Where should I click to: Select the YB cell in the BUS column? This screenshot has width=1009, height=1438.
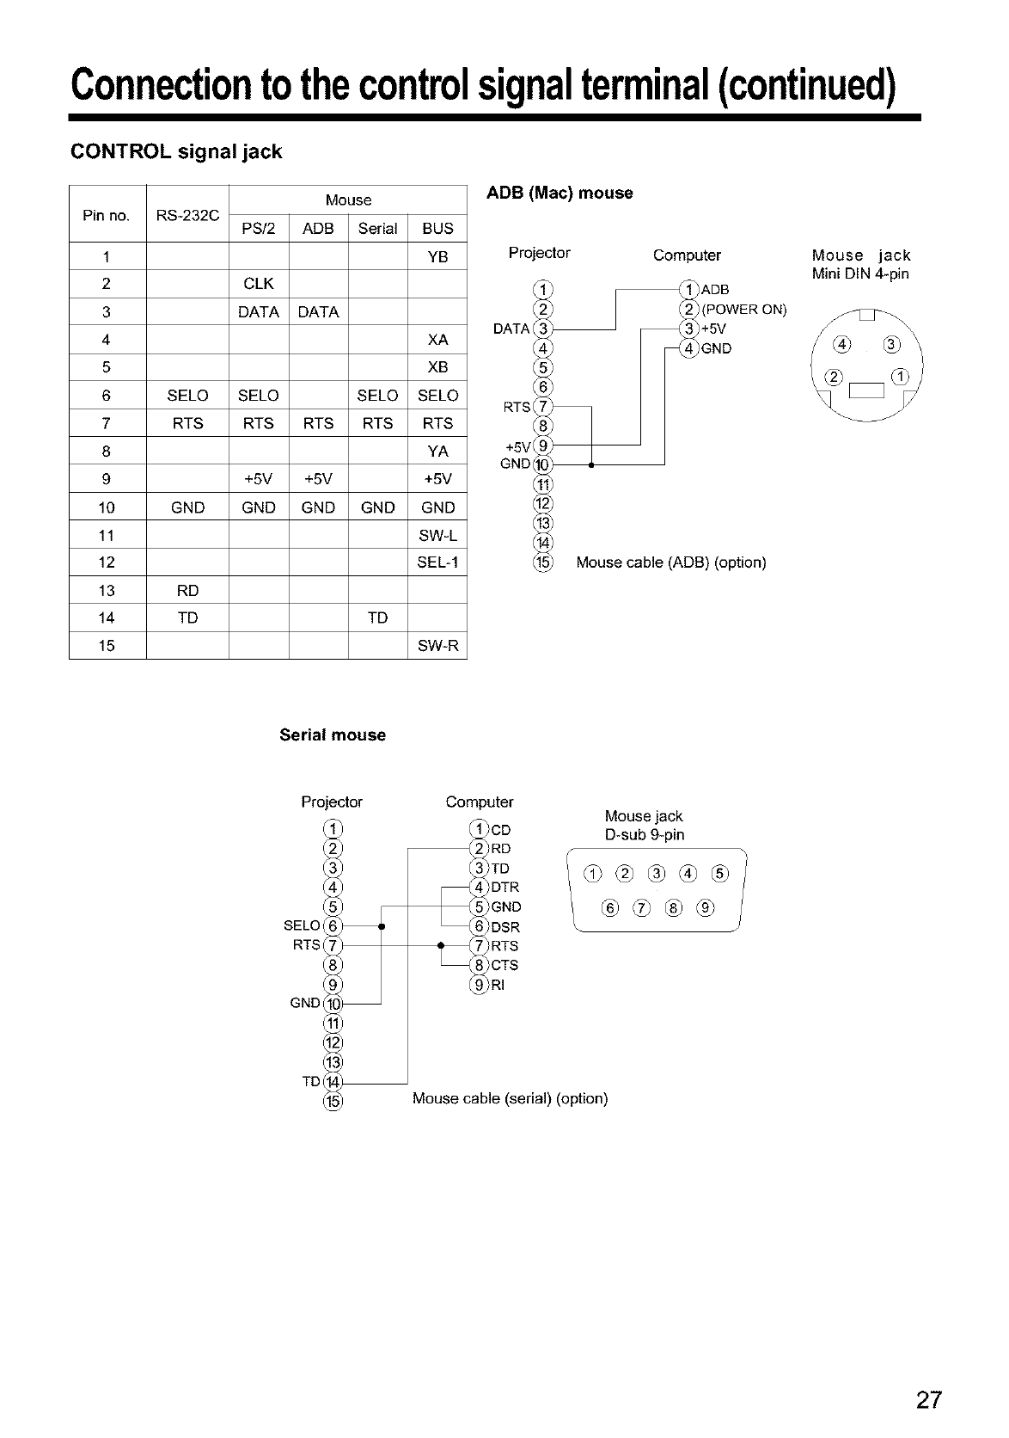(437, 256)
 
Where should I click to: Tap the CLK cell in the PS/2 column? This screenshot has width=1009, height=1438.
(258, 284)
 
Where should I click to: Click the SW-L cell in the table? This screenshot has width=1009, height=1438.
(437, 535)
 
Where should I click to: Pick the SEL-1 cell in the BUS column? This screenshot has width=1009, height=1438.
(437, 562)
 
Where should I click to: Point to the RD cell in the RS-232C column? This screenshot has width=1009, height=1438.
(187, 591)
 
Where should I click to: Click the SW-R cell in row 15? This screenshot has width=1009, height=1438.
(437, 646)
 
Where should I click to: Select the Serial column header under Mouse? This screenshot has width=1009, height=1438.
(377, 229)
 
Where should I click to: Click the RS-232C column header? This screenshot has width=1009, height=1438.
(187, 215)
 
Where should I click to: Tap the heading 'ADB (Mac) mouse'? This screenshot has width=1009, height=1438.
(560, 193)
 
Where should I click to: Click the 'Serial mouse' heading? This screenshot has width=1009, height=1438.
(333, 735)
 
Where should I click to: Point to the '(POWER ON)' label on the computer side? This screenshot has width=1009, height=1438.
(744, 310)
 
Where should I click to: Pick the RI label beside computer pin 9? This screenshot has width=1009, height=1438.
(498, 986)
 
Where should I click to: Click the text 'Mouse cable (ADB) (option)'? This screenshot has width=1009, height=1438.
(670, 562)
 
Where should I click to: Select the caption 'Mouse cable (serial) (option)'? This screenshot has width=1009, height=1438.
(510, 1098)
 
